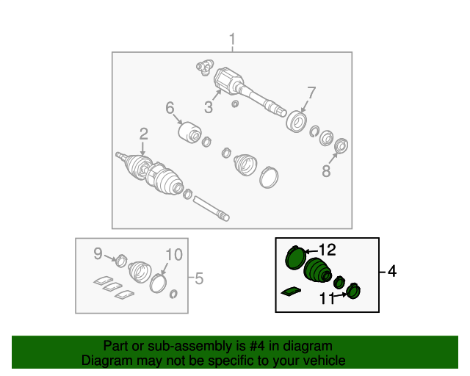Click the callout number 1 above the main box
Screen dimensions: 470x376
click(x=232, y=40)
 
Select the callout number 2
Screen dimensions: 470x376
click(x=144, y=134)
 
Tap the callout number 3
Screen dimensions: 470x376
click(x=209, y=107)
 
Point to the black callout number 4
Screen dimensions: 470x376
click(x=392, y=271)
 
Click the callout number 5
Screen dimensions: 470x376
click(x=199, y=278)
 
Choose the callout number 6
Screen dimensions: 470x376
click(x=170, y=108)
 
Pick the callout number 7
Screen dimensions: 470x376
click(x=311, y=93)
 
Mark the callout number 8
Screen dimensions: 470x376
click(x=326, y=171)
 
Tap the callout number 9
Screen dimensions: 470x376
click(x=98, y=253)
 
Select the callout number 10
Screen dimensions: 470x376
click(x=174, y=255)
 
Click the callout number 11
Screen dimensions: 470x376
click(x=327, y=298)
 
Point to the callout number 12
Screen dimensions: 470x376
click(x=328, y=250)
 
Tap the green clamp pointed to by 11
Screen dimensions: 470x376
click(x=353, y=291)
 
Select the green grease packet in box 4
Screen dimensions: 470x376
click(x=291, y=291)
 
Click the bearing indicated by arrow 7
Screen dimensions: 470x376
click(x=297, y=121)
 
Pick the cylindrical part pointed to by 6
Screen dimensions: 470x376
click(x=189, y=132)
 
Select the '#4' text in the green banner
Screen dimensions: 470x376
click(x=257, y=346)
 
